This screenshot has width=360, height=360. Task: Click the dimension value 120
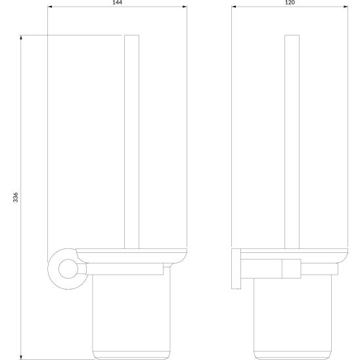(x=290, y=3)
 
